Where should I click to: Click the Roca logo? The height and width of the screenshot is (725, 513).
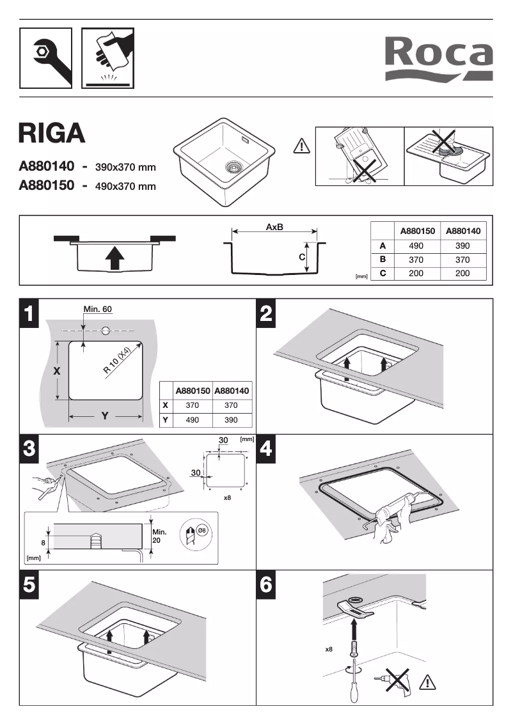click(x=438, y=59)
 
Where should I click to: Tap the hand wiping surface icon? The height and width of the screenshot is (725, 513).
click(x=107, y=58)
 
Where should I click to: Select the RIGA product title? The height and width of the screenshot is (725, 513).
click(x=51, y=132)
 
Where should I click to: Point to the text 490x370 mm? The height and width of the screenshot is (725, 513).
click(x=125, y=187)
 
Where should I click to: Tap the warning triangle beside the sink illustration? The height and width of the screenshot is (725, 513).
click(x=301, y=147)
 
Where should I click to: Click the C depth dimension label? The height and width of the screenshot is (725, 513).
click(x=301, y=256)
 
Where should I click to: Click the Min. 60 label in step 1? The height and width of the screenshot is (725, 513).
click(x=98, y=309)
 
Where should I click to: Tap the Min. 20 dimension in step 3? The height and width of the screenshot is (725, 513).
click(x=159, y=536)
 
